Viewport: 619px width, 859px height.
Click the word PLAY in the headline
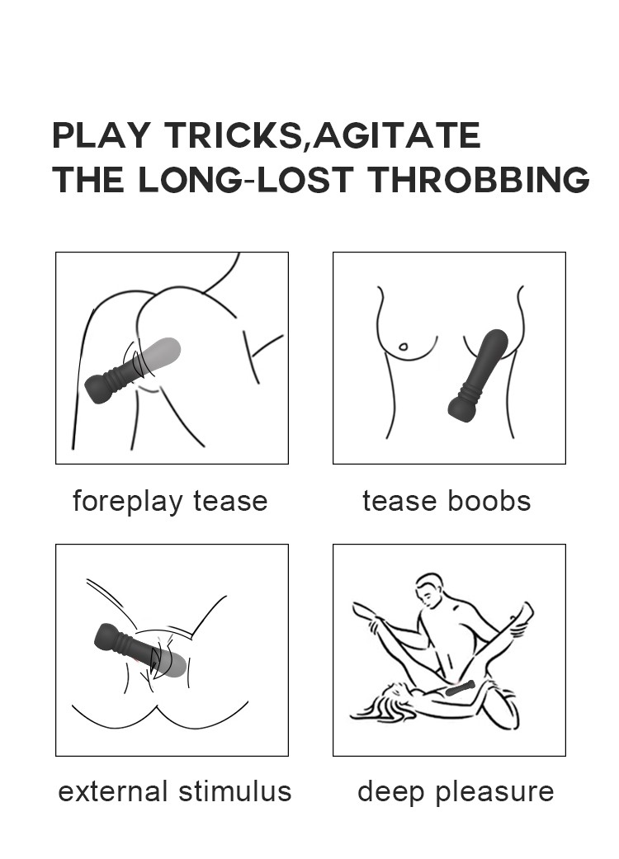(x=101, y=135)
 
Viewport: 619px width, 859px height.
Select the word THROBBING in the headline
(x=478, y=179)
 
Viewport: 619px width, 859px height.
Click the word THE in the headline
(x=87, y=179)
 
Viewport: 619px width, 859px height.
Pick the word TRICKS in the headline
(x=232, y=135)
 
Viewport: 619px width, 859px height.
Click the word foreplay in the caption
(x=127, y=501)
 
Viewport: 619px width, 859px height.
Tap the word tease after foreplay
(x=230, y=502)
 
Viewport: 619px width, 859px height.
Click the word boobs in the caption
(x=489, y=501)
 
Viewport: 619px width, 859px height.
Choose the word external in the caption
(x=112, y=791)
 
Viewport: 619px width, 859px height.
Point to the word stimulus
(x=235, y=791)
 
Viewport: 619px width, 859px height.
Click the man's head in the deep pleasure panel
(x=431, y=591)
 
